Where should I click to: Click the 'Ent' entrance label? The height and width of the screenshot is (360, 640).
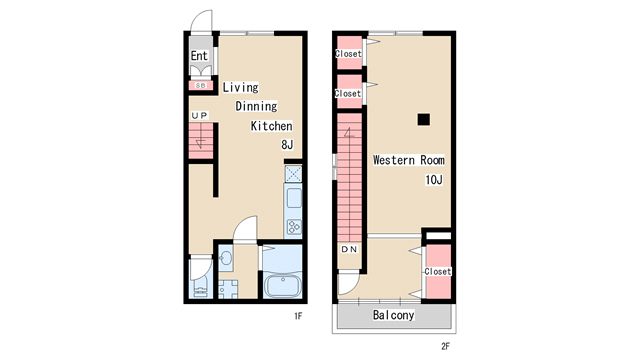[x=199, y=56]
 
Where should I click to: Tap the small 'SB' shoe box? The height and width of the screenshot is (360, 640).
[x=200, y=85]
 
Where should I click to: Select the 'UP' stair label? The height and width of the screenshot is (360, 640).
[x=200, y=116]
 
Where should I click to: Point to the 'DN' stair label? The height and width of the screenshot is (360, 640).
[x=349, y=249]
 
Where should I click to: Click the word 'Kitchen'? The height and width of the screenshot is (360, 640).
[x=271, y=126]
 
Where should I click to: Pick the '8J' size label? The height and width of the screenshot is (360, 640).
[x=287, y=144]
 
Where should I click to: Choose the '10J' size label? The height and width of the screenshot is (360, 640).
[x=434, y=180]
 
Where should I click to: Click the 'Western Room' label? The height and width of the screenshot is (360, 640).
[x=409, y=160]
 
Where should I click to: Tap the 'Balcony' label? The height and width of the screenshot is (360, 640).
[x=393, y=315]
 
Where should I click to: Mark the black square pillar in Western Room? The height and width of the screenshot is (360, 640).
[x=424, y=119]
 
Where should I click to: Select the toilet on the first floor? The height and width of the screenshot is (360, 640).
[x=201, y=286]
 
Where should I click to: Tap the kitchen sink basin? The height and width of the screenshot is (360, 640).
[x=294, y=198]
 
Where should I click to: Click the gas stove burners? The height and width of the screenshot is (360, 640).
[x=294, y=227]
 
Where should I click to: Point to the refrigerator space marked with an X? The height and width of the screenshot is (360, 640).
[x=293, y=174]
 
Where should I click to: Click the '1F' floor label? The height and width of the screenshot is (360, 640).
[x=298, y=316]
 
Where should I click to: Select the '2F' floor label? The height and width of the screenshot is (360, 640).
[x=445, y=346]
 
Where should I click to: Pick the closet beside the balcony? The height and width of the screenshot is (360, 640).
[x=438, y=271]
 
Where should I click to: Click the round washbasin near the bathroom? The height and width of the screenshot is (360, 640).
[x=225, y=258]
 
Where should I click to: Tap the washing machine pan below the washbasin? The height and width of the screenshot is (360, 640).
[x=228, y=289]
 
